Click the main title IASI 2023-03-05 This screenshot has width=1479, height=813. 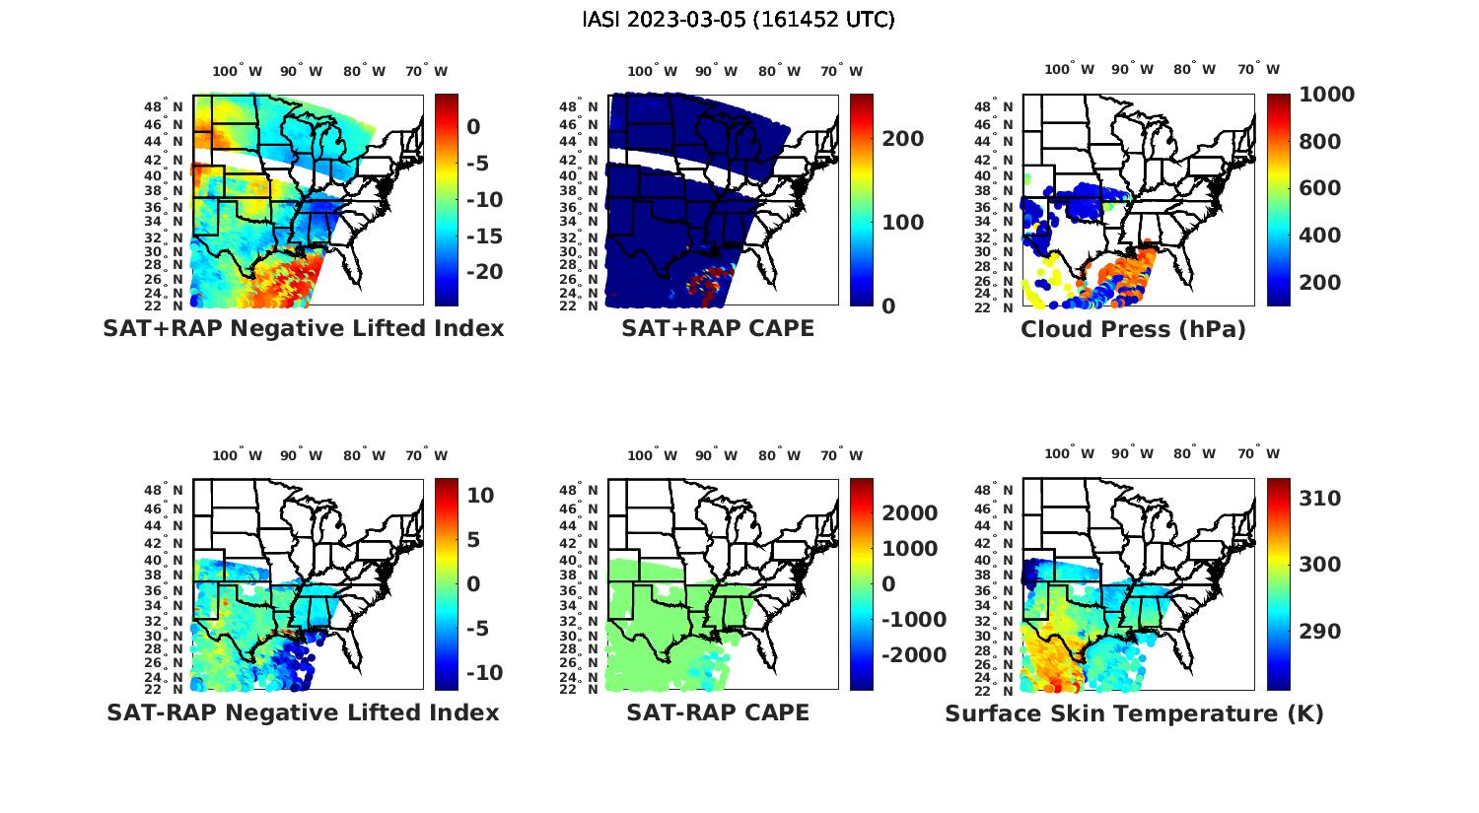coord(739,20)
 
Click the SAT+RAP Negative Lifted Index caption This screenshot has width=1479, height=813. coord(303,328)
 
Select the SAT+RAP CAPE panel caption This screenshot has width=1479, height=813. coord(718,328)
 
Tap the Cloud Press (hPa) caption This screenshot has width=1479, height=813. coord(1133,329)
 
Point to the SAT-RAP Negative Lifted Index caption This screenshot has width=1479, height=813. coord(303,712)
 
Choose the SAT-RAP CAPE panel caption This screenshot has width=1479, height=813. coord(718,712)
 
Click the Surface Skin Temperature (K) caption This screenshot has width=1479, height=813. coord(1134,713)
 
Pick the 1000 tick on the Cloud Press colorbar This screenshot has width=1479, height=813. coord(1326,95)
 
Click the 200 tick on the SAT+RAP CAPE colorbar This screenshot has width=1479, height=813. coord(903,139)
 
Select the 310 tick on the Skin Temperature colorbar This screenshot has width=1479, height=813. coord(1320,499)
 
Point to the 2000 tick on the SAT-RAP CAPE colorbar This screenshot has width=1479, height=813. coord(910,513)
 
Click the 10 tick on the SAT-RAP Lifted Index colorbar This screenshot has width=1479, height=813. coord(480,495)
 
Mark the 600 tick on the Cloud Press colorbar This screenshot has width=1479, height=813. coord(1320,188)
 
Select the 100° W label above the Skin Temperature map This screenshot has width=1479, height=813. coord(1069,454)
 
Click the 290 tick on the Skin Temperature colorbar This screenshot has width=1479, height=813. coord(1320,631)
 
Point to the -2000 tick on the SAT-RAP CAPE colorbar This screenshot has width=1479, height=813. coord(914,655)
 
